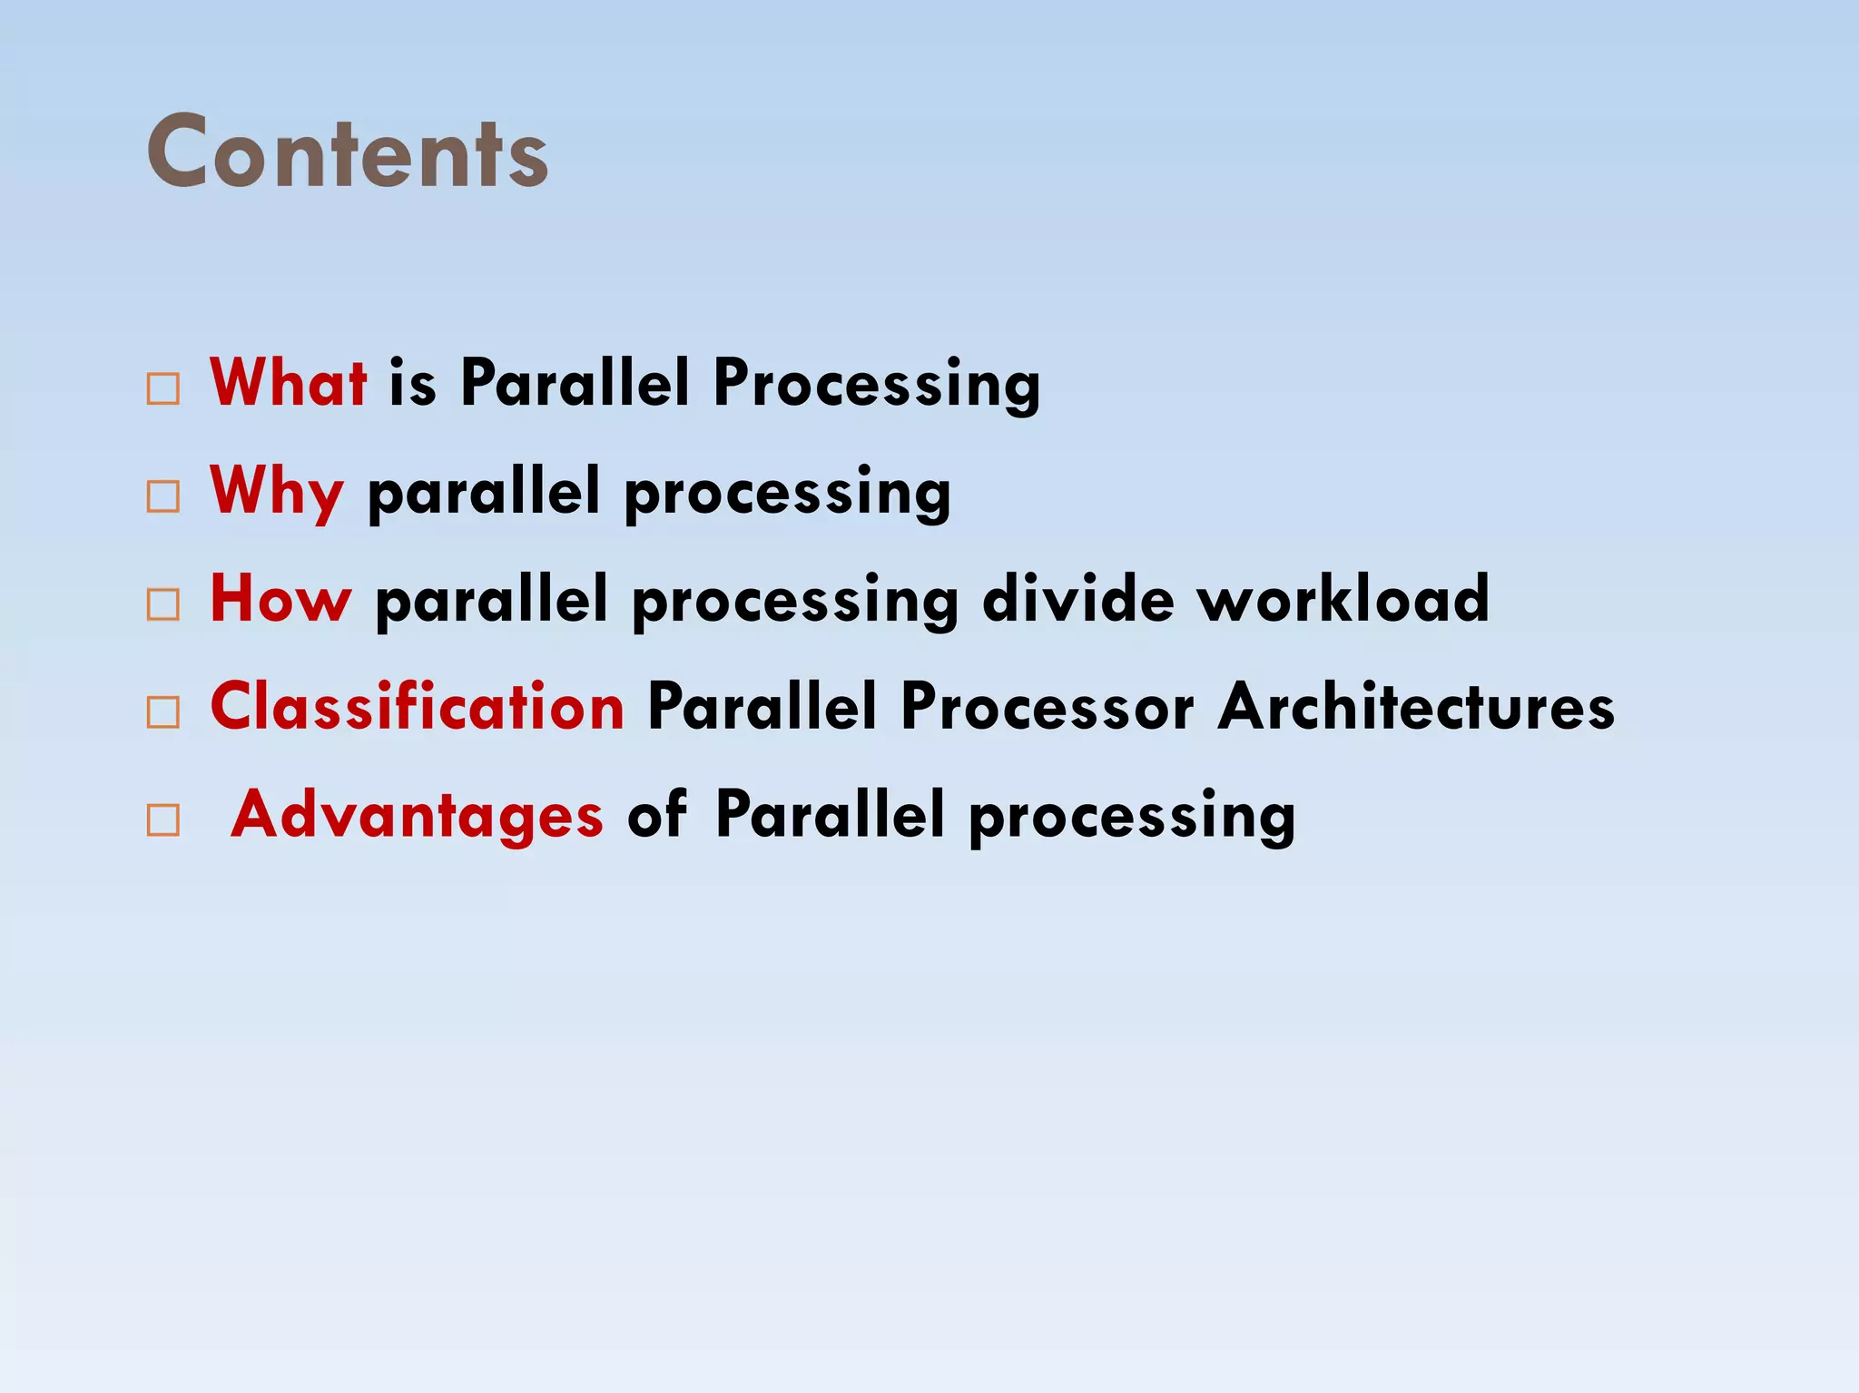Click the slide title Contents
[347, 152]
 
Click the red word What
[288, 382]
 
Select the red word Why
[277, 491]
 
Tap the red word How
[280, 599]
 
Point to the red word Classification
[417, 706]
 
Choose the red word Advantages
[417, 814]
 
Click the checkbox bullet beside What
[163, 389]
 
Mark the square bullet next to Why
[163, 496]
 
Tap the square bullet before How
[163, 604]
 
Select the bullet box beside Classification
[163, 712]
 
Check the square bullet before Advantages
[163, 820]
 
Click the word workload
[1343, 599]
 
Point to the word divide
[1077, 599]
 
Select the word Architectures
[1416, 706]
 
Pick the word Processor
[1047, 706]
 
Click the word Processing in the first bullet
[876, 384]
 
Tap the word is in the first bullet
[413, 382]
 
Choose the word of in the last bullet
[657, 814]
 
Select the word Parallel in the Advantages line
[830, 814]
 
